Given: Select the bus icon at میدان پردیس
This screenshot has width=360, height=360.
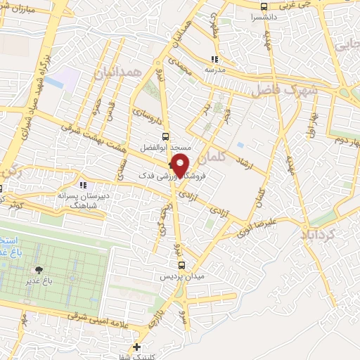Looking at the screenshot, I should [182, 265].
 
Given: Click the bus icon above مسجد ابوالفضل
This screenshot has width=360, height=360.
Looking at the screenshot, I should [165, 137].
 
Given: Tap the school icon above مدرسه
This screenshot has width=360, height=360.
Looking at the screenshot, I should [213, 60].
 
